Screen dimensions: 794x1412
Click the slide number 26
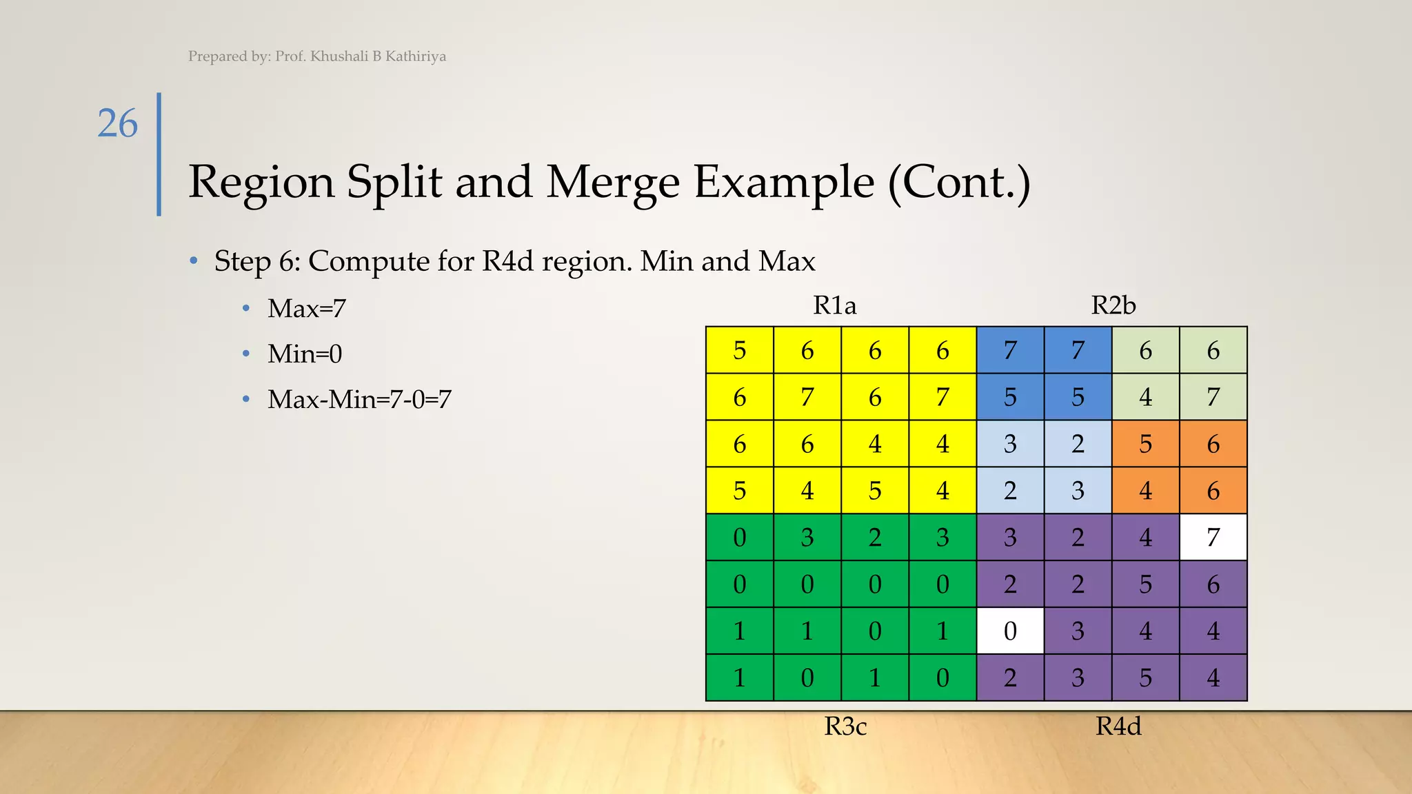117,124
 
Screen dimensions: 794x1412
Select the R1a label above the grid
834,305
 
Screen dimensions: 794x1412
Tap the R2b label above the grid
1113,305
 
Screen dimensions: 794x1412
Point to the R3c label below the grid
845,726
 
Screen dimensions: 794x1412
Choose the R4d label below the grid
1118,726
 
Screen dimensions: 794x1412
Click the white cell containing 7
1213,537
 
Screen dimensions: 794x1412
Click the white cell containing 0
1010,631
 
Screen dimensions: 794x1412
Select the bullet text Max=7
306,308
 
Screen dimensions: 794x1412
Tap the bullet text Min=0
305,354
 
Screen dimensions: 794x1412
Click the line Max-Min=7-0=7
359,399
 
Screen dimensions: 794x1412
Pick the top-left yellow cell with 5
739,350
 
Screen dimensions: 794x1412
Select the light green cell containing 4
1145,397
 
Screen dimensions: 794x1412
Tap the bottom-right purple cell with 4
1213,678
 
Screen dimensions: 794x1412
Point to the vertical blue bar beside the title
159,154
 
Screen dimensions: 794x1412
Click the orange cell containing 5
1145,444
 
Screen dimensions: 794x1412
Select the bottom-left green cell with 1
739,678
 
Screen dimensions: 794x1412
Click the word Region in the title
261,182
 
